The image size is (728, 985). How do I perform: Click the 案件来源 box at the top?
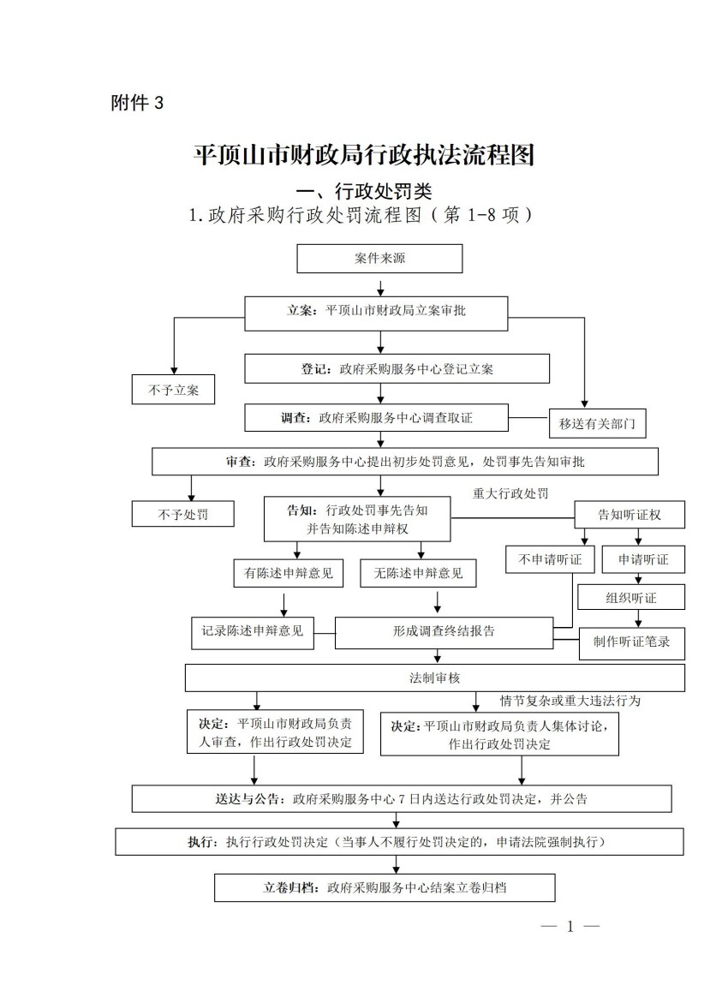pos(379,259)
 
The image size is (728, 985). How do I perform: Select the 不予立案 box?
pos(173,390)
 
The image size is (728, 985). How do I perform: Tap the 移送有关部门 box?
pos(597,424)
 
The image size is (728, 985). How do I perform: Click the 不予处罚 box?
pos(183,514)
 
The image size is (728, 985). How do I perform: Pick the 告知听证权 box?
pos(630,515)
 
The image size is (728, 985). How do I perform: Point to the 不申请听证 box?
pos(549,559)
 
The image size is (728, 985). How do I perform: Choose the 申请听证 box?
pos(643,559)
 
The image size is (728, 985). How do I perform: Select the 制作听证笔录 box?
pos(632,642)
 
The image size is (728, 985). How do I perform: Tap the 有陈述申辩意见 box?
pos(289,573)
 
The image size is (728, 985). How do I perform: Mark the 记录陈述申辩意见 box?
pos(253,632)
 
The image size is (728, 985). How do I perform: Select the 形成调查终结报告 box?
pos(444,632)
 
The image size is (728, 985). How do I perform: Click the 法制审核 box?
pos(435,678)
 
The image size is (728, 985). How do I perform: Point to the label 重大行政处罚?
pos(510,494)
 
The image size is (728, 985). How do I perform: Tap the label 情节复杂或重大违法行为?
pos(571,701)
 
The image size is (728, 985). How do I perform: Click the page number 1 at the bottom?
pos(569,927)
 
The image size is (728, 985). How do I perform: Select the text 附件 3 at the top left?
pos(137,103)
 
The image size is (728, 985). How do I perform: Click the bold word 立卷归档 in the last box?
pos(292,887)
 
